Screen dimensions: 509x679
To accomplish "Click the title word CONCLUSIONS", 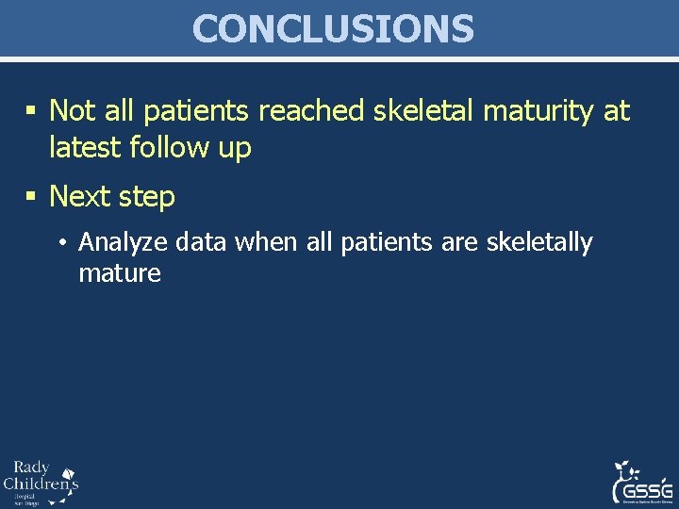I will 333,29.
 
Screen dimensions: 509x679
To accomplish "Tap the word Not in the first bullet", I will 73,111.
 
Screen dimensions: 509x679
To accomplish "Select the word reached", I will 310,111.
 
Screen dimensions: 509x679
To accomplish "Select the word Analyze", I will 117,243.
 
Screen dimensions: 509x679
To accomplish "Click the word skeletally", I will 538,243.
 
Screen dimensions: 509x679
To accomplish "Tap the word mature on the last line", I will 120,274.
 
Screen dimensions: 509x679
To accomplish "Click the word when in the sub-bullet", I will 265,242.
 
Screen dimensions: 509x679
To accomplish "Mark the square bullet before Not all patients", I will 31,112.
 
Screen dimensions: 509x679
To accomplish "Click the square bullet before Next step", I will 31,197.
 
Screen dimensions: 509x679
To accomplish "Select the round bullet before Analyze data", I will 60,243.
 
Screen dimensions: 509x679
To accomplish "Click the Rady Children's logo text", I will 38,482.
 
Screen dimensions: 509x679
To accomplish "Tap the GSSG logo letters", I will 643,492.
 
